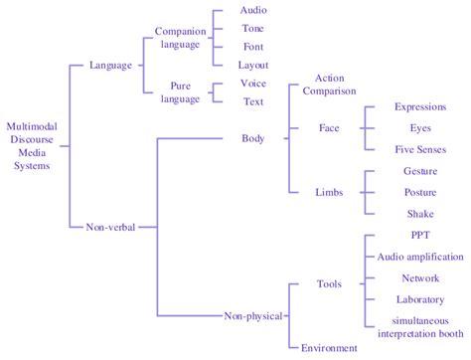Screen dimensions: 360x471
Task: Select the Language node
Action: [x=110, y=66]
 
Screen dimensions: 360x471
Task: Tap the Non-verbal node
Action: [x=110, y=227]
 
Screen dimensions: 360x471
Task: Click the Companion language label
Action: [x=179, y=38]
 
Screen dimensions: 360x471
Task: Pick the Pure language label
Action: [x=179, y=93]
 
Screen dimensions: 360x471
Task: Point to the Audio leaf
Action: [x=253, y=10]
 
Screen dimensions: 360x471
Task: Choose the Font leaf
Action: [x=253, y=47]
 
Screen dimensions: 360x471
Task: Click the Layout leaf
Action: [x=253, y=65]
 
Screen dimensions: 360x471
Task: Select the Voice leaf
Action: [x=253, y=84]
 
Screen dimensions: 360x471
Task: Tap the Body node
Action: [x=253, y=138]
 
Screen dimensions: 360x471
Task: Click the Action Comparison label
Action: [x=329, y=84]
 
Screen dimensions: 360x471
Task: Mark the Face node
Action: [x=329, y=128]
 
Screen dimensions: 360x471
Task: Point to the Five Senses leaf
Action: [x=419, y=149]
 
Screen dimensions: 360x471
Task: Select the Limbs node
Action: [x=329, y=191]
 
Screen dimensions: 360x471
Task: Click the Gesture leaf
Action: [x=419, y=171]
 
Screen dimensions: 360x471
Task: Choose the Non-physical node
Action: [x=253, y=316]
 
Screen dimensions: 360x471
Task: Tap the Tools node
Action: [x=329, y=284]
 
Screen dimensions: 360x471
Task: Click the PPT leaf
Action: [x=419, y=236]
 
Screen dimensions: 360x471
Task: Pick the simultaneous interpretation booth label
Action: [x=419, y=326]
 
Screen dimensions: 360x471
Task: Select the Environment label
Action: [x=329, y=348]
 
